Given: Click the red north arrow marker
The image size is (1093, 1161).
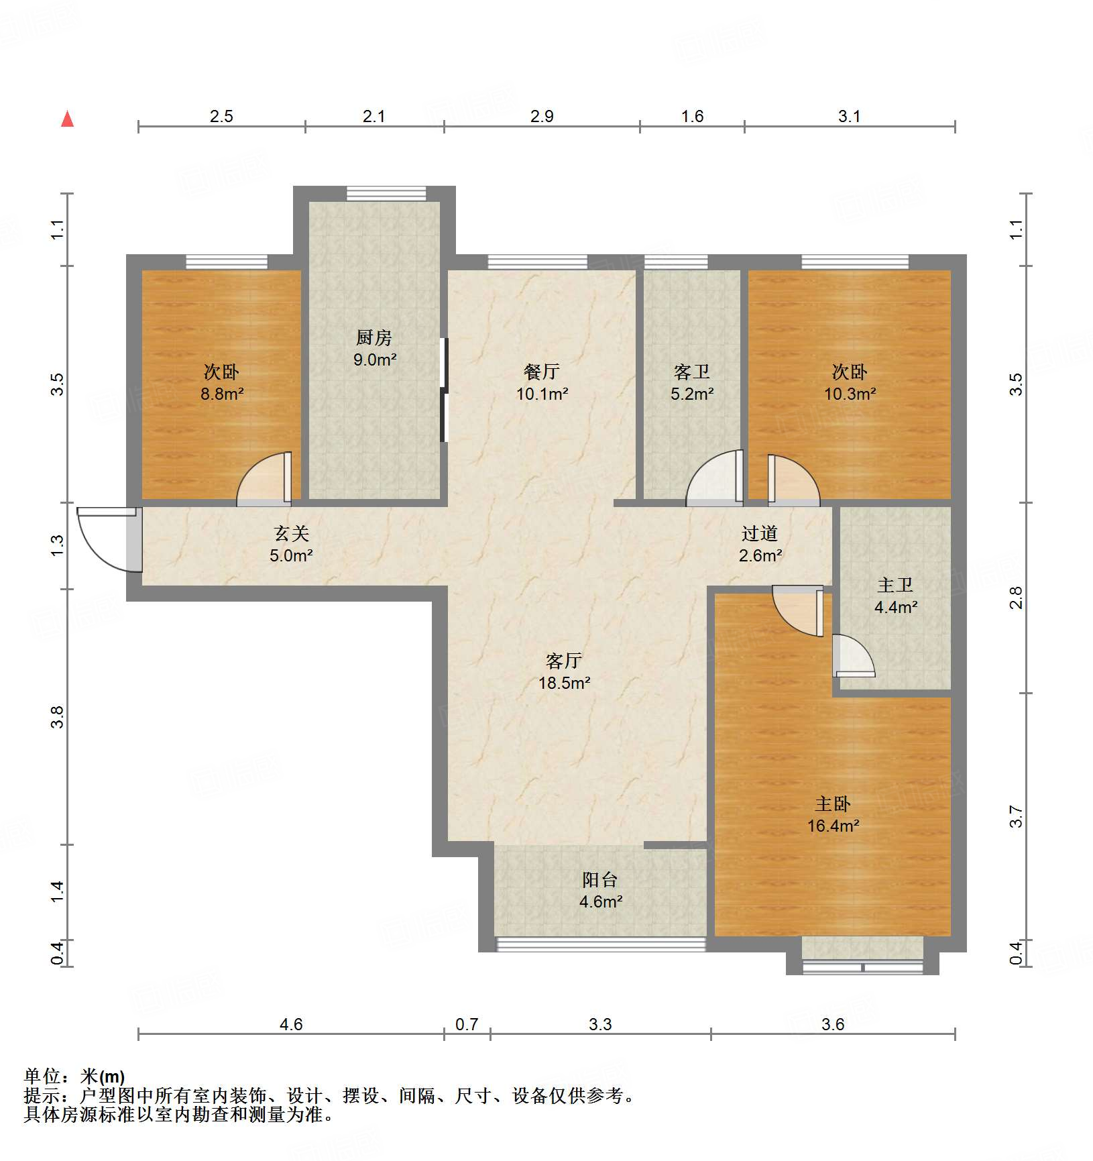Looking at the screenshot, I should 67,119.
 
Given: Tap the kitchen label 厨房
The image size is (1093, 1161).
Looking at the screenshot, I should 373,337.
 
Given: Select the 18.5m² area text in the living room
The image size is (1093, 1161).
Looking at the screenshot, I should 564,683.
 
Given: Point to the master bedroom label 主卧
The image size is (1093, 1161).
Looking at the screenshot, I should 832,804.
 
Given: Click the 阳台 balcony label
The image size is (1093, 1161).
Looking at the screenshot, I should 599,879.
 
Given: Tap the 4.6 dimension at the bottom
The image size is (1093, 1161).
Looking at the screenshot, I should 290,1024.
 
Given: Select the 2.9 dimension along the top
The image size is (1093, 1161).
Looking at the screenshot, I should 541,117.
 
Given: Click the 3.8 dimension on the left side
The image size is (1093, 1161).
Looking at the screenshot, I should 58,717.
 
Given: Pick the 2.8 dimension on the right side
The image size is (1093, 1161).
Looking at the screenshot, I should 1017,597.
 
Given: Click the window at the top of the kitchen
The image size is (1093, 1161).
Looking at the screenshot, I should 386,193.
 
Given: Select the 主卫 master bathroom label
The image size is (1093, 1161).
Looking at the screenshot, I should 895,585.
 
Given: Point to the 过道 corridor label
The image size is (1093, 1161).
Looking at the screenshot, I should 759,533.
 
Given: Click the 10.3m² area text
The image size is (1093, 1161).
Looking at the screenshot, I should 850,394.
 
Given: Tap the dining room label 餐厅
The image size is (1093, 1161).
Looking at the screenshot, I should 541,371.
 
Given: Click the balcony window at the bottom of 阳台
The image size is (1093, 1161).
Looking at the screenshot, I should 600,944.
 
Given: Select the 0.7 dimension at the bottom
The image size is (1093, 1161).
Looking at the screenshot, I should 467,1024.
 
